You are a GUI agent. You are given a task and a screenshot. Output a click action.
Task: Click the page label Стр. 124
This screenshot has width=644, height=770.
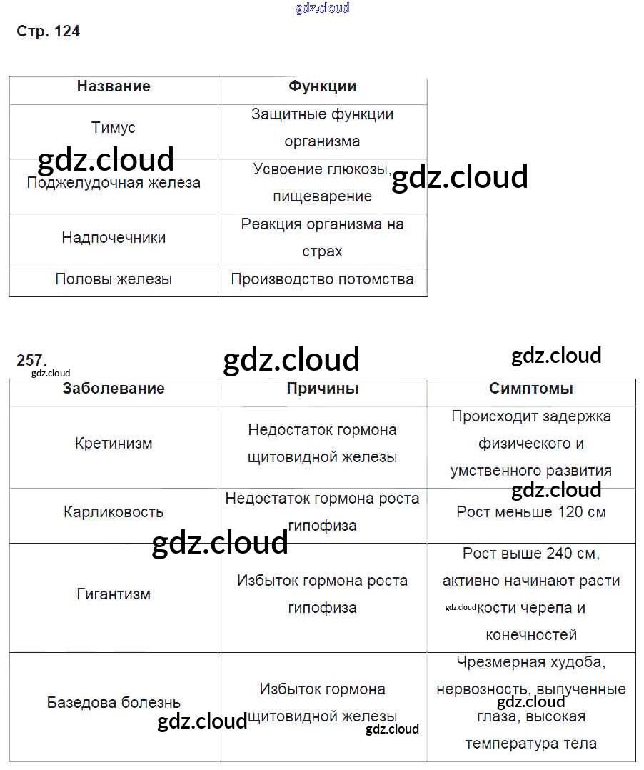click(48, 31)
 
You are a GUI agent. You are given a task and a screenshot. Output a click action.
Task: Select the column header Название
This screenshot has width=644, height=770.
click(114, 86)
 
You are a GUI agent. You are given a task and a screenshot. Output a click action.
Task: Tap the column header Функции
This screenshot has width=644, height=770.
click(322, 86)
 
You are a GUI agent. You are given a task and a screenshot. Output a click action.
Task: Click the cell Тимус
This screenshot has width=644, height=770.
click(114, 128)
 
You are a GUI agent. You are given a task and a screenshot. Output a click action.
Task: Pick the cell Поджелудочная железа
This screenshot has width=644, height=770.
click(114, 183)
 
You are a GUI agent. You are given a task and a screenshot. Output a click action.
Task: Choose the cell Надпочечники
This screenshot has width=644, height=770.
click(114, 238)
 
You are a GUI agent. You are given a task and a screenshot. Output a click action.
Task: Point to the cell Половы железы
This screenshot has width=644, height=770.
click(114, 279)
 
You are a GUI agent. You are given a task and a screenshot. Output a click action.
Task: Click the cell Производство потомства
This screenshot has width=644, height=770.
click(322, 279)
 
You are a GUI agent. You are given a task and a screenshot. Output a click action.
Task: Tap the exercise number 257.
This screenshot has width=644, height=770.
click(31, 361)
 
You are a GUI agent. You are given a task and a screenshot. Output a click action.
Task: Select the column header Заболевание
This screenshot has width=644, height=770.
click(114, 389)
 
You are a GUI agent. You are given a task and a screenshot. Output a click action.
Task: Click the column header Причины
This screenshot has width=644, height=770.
click(322, 389)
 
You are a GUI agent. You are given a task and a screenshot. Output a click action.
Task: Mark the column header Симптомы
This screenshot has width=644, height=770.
click(531, 389)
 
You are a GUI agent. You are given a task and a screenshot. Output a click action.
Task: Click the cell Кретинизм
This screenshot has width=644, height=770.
click(114, 444)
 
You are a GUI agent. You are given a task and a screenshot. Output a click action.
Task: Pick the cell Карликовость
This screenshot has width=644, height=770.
click(114, 512)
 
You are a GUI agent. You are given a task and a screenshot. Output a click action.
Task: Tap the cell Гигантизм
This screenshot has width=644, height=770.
click(114, 594)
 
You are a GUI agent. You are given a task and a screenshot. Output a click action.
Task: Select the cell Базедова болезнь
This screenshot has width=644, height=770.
click(114, 703)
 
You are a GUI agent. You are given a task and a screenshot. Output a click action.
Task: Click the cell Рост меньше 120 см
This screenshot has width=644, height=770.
click(531, 512)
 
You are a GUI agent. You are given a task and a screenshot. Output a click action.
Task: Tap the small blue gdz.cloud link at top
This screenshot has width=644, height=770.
click(322, 9)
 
